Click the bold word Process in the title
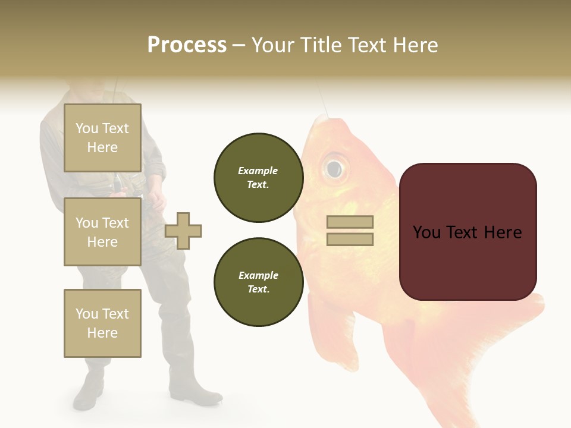pyautogui.click(x=187, y=45)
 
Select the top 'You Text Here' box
pyautogui.click(x=102, y=138)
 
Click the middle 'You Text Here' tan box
pyautogui.click(x=102, y=232)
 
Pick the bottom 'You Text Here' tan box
pyautogui.click(x=102, y=323)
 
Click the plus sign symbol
pyautogui.click(x=183, y=231)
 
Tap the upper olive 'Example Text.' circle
pyautogui.click(x=258, y=178)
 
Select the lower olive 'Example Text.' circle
pyautogui.click(x=258, y=282)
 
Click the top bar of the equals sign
pyautogui.click(x=350, y=222)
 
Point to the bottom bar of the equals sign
pyautogui.click(x=350, y=240)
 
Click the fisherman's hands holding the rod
pyautogui.click(x=156, y=196)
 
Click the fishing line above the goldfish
pyautogui.click(x=322, y=101)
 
